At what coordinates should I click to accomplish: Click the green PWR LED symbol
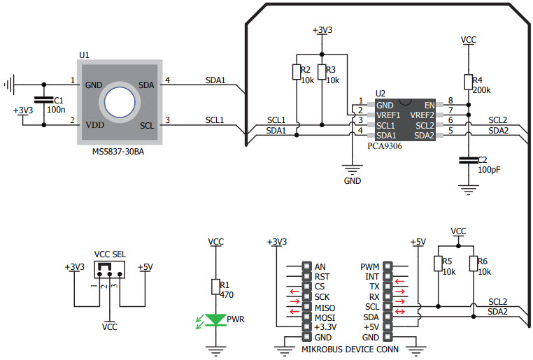coord(217,319)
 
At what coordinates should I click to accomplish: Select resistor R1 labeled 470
coord(217,287)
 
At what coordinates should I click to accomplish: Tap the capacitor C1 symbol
coord(44,101)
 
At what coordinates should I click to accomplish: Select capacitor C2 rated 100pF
coord(469,161)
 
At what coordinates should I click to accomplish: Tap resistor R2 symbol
coord(297,72)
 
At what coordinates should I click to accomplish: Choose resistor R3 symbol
coord(322,72)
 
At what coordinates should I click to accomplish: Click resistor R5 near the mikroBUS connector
coord(438,264)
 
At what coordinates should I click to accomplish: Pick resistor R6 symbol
coord(474,264)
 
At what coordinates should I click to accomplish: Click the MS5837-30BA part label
coord(120,151)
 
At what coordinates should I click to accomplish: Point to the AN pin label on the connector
coord(320,266)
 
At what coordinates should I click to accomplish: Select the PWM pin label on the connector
coord(370,266)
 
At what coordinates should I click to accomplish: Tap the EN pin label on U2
coord(429,105)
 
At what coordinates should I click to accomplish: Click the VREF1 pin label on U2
coord(388,115)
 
